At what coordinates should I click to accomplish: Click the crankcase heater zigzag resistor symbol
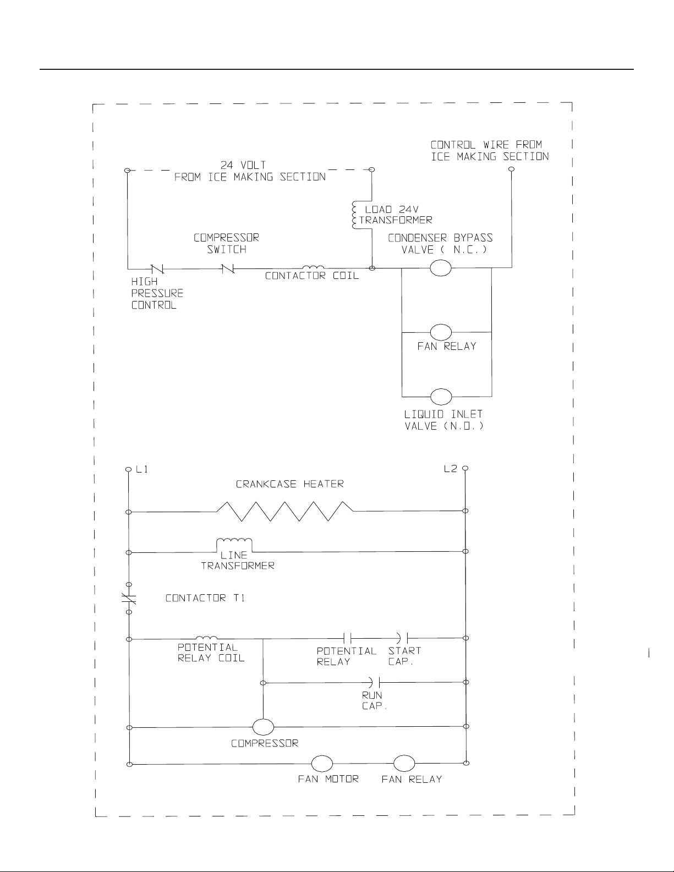285,511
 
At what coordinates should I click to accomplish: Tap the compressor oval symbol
263,727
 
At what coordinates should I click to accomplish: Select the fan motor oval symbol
322,764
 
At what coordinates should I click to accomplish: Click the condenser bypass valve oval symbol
441,268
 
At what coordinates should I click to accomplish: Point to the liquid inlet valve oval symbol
441,397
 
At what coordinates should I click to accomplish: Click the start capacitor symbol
402,638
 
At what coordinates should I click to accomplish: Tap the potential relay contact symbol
347,638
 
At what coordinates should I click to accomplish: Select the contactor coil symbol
313,267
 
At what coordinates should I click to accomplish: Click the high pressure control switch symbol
156,268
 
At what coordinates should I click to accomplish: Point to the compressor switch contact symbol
227,268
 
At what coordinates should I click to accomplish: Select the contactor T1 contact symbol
129,599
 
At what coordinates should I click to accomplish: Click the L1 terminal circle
128,469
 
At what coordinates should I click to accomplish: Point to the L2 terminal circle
465,468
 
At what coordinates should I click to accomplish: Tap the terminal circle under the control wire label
511,169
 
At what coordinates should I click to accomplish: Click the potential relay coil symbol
207,638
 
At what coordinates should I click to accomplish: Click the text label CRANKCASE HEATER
289,484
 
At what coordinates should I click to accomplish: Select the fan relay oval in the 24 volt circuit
441,332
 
